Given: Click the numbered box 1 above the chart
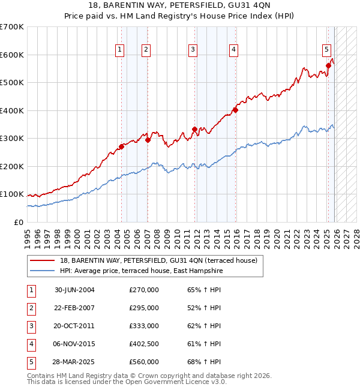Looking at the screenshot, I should [x=120, y=50].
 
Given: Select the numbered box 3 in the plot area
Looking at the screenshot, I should [x=193, y=50].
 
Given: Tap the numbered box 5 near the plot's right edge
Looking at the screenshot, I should [x=326, y=50].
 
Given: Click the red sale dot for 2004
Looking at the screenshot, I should [x=121, y=146].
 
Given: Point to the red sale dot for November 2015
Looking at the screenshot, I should [x=235, y=110].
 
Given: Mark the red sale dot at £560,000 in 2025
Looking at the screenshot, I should [x=329, y=65].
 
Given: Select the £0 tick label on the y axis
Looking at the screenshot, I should [x=18, y=222].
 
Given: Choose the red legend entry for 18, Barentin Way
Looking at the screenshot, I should [x=158, y=260].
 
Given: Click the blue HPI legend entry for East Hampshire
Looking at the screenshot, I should [x=141, y=271].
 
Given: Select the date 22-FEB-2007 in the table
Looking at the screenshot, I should [x=74, y=308].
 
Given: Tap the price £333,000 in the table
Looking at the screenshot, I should [x=143, y=326].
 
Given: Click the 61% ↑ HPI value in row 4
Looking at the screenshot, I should [x=204, y=344].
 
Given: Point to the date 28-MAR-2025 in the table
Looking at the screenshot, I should [x=74, y=362].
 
